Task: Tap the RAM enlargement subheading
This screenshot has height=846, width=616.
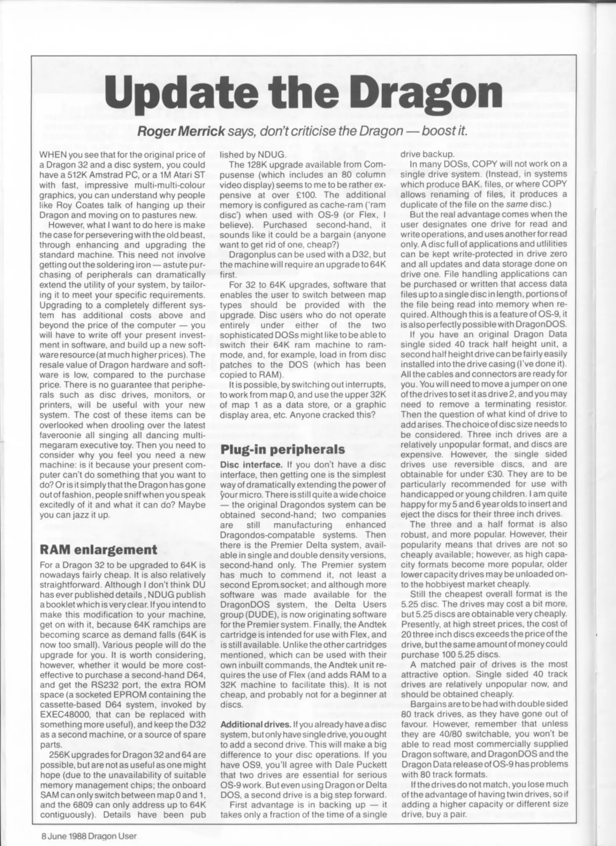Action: tap(98, 549)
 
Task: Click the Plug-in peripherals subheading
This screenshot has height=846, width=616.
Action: tap(282, 449)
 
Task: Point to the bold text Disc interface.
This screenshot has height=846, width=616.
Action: tap(251, 465)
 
